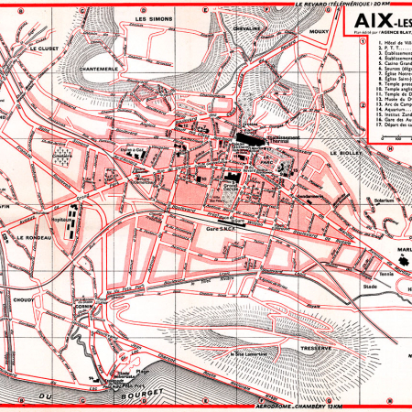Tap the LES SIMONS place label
pyautogui.click(x=153, y=19)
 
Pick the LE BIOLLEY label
pyautogui.click(x=345, y=153)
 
